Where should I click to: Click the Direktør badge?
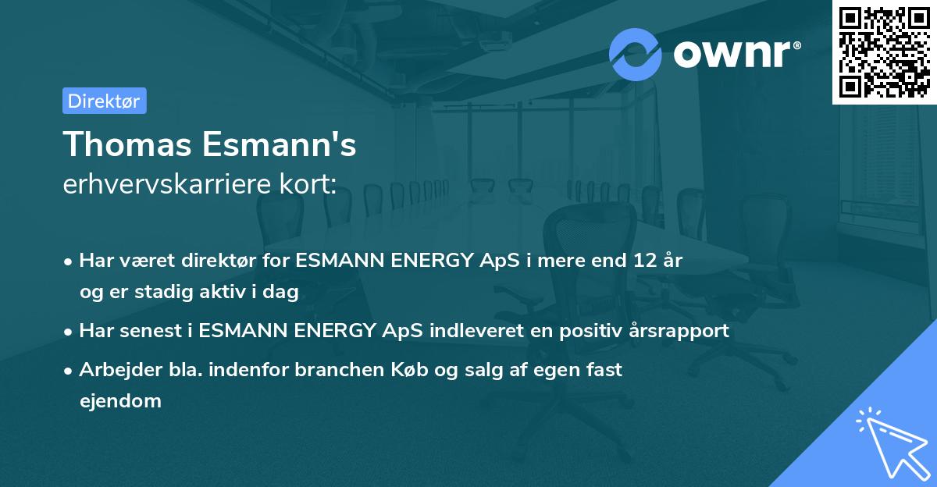click(x=104, y=101)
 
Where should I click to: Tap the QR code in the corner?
click(x=884, y=52)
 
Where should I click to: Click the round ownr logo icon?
click(x=636, y=54)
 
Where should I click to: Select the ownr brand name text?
click(x=736, y=54)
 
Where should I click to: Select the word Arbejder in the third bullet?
click(x=112, y=370)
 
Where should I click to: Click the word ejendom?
click(x=120, y=401)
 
